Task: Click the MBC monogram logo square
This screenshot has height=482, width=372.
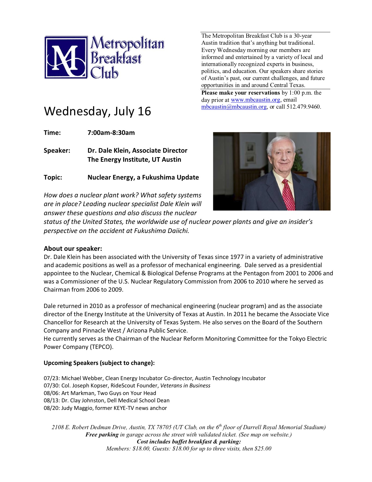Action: (66, 57)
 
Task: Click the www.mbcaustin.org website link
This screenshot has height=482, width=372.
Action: (255, 100)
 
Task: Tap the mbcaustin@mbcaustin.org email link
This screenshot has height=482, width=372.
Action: (234, 107)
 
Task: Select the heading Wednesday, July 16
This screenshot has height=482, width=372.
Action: (97, 111)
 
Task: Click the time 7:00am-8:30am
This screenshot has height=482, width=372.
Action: (111, 133)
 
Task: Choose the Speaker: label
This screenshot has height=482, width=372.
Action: (57, 151)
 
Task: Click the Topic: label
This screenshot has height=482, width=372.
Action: (53, 178)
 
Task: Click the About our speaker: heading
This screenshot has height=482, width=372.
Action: (73, 249)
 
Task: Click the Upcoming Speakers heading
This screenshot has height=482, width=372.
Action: (99, 363)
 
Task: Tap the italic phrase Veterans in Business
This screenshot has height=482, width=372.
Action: (185, 386)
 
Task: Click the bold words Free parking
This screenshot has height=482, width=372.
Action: (102, 435)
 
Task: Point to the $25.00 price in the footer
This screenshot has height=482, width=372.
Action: (263, 449)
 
